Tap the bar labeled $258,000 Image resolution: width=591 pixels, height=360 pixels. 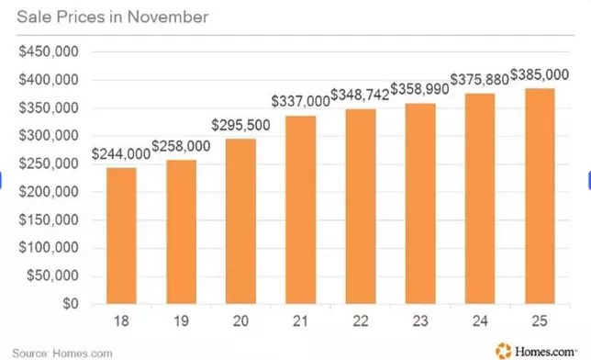tap(181, 231)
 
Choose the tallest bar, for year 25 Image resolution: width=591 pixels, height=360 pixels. tap(539, 196)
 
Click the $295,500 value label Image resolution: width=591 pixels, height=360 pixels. tap(240, 125)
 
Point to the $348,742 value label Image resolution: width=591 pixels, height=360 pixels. tap(360, 96)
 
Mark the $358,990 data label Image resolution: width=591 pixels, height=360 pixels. tap(418, 89)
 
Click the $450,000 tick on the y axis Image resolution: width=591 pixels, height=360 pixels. tap(50, 51)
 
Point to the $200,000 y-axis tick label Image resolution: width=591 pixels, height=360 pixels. tap(50, 192)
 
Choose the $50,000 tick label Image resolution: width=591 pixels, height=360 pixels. tap(52, 276)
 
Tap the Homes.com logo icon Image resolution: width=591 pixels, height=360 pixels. tap(502, 349)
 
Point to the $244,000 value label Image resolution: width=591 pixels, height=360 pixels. tap(121, 154)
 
